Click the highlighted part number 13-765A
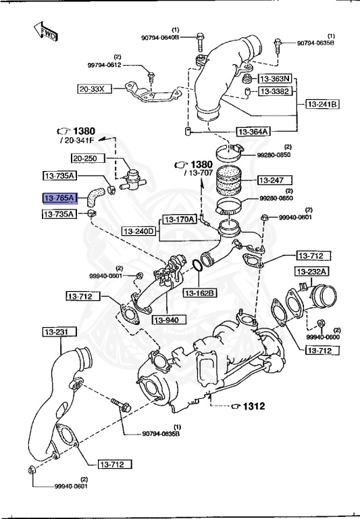coord(60,198)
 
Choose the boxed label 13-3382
coord(275,91)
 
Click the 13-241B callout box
coord(323,104)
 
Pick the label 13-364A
coord(253,132)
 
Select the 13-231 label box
coord(59,332)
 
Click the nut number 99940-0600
coord(323,337)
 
